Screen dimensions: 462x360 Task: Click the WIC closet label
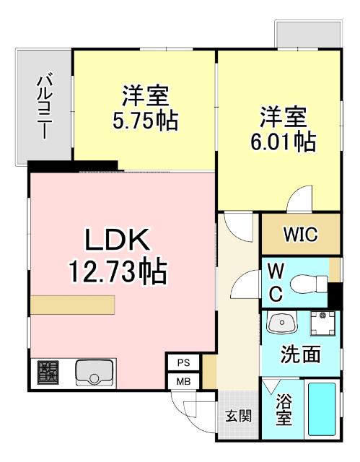[299, 235]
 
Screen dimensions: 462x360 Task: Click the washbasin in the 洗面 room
[281, 323]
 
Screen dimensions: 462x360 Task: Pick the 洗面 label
[300, 356]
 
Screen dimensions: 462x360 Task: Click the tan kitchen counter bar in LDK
[72, 305]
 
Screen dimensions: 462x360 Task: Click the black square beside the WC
[334, 296]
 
